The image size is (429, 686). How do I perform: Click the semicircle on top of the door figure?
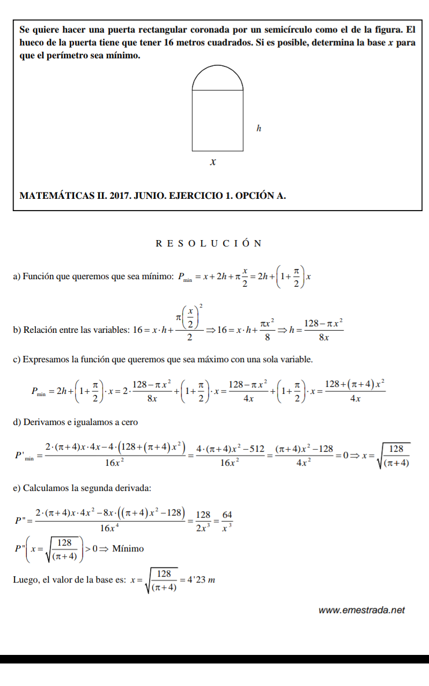coord(214,79)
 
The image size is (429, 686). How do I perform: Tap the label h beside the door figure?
coord(258,129)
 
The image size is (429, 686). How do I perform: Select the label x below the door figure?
coord(213,161)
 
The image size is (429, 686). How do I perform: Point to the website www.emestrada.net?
coord(361,610)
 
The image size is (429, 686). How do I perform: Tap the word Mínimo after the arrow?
coord(129,548)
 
